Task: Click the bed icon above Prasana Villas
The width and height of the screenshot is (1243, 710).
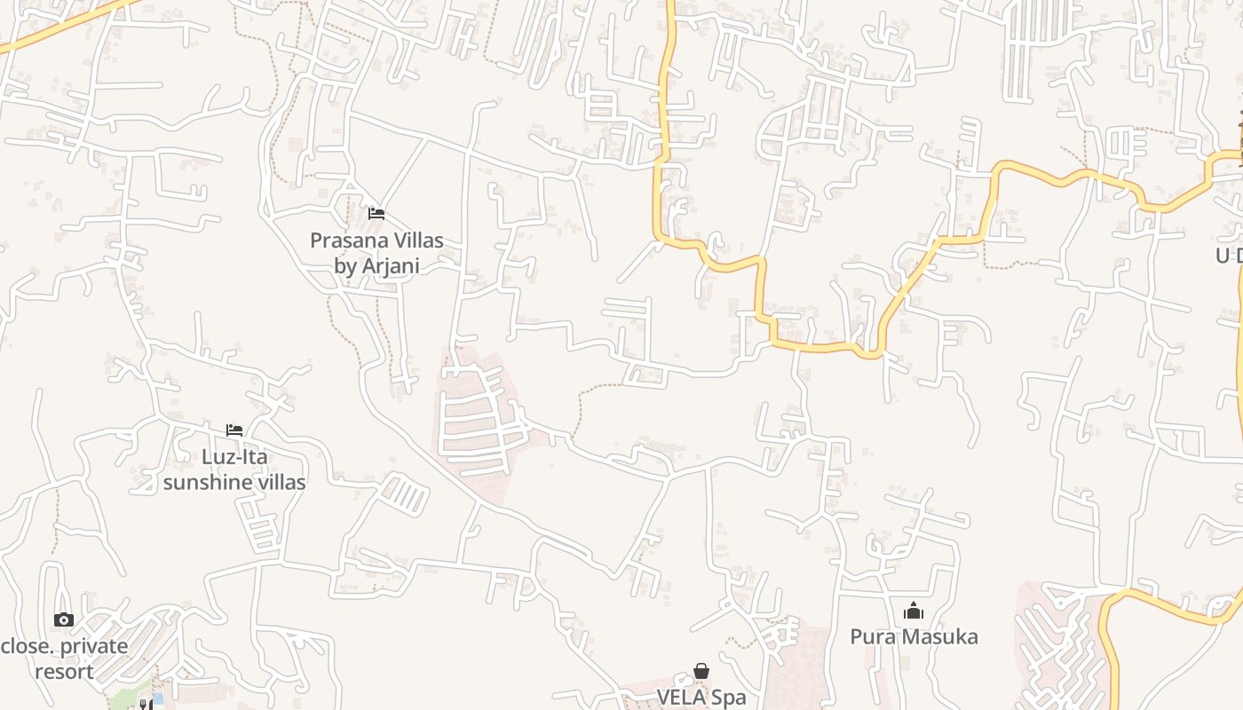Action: pos(376,214)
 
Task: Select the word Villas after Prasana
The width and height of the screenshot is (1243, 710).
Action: pos(415,241)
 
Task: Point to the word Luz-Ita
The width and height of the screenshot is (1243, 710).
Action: pos(234,457)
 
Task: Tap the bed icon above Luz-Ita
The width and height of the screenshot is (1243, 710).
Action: pos(234,430)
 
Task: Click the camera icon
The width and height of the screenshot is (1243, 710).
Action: pos(63,620)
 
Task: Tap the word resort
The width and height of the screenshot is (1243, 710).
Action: pos(64,672)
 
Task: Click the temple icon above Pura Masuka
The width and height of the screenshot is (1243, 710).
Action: pos(914,611)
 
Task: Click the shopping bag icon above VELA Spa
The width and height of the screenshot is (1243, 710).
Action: pos(701,671)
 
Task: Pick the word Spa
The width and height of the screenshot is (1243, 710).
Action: pos(729,698)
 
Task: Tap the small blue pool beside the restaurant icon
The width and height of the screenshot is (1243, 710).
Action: pos(158,699)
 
